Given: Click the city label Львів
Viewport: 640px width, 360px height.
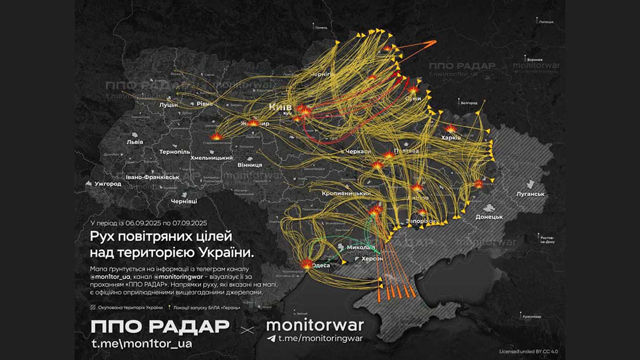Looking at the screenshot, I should coord(134,142).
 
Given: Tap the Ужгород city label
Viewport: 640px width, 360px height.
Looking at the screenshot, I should coord(108,184).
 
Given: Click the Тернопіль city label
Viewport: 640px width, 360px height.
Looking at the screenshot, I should coord(174,152).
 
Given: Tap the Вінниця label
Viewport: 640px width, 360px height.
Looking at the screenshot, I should coord(250,165).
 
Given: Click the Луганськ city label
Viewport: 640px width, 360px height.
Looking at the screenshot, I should coord(530,195).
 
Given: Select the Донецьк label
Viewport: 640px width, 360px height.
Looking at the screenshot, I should coord(489,217).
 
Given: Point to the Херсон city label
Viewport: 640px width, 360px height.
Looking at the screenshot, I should coord(372,258).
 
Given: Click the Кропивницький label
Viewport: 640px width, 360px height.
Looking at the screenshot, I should coord(346,193).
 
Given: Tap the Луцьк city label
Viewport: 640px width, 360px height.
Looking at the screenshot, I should coord(169,105).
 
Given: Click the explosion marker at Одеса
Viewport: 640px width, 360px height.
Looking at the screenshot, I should coord(307,263).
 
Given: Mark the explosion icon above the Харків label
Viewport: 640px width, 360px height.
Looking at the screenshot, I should coord(451,129).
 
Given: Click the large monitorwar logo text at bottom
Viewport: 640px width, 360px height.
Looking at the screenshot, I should coord(315,325).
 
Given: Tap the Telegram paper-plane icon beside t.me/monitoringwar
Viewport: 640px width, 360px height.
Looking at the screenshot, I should coord(271,338).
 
